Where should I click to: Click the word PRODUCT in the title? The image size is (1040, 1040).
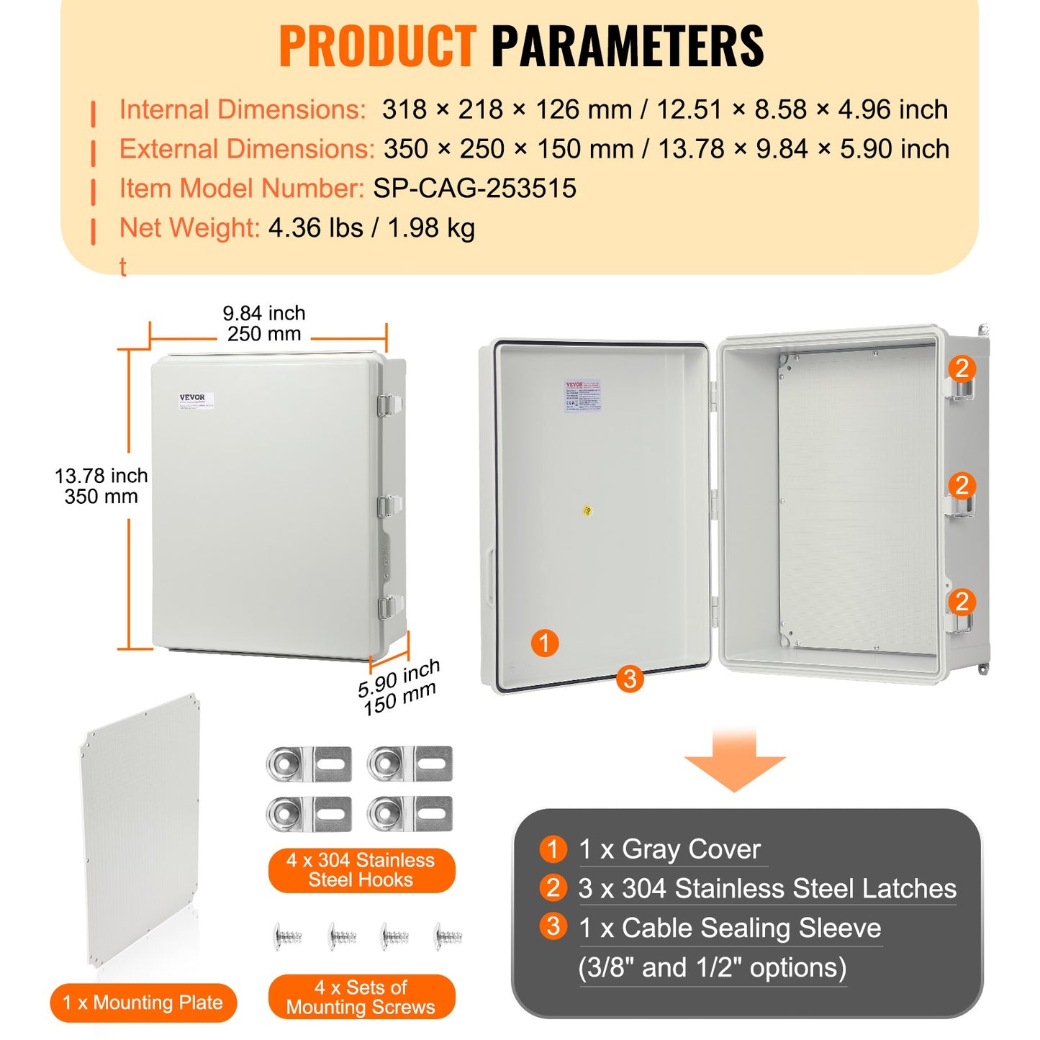377,46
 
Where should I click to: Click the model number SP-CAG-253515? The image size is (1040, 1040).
474,189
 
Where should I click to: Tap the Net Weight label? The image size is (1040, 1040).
189,228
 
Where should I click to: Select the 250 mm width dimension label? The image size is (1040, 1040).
264,334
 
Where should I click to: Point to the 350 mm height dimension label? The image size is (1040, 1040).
101,497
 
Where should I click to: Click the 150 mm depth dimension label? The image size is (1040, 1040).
400,699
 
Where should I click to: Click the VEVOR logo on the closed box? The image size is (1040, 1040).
192,397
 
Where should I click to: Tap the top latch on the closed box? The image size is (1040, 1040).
385,405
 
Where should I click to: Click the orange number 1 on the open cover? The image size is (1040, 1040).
544,643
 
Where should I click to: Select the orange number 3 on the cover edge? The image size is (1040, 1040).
630,678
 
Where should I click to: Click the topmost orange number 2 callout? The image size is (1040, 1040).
962,368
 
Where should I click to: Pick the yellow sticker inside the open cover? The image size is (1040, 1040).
587,510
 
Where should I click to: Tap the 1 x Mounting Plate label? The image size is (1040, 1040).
143,1003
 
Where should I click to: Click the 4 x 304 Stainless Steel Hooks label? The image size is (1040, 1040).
361,870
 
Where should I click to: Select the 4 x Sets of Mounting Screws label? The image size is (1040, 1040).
361,997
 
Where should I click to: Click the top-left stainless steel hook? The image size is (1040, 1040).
308,764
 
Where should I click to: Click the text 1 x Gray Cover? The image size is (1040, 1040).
669,849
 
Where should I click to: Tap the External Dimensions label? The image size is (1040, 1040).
246,149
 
